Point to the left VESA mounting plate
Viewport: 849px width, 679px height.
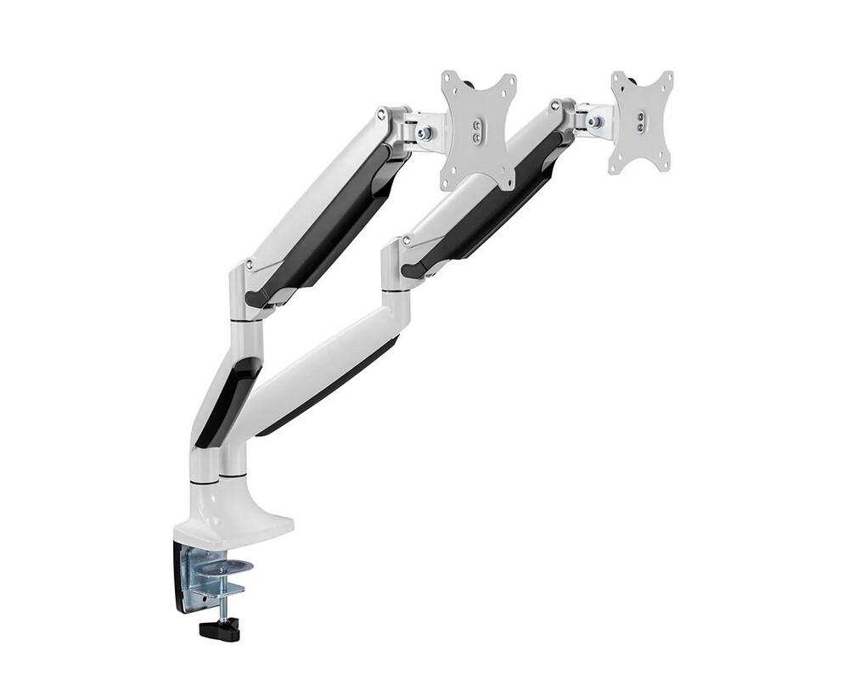coord(478,129)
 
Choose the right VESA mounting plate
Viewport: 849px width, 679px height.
coord(641,121)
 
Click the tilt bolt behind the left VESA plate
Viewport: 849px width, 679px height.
coord(426,132)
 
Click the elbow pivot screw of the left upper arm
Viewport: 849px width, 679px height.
coord(248,265)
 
